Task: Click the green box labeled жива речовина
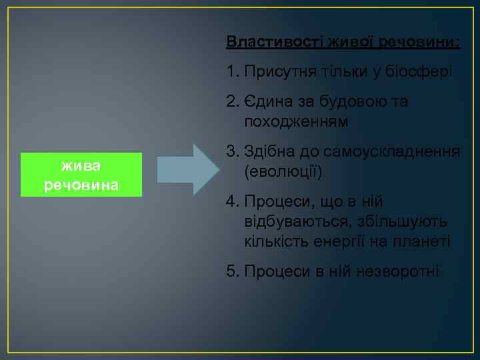[81, 174]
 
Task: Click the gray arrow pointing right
[187, 169]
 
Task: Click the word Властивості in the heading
[264, 42]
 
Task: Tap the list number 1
[231, 71]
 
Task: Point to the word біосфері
[424, 71]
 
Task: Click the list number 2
[231, 102]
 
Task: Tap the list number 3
[231, 152]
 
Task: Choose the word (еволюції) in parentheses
[283, 173]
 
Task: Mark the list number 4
[231, 201]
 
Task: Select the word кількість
[275, 241]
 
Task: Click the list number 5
[231, 271]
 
